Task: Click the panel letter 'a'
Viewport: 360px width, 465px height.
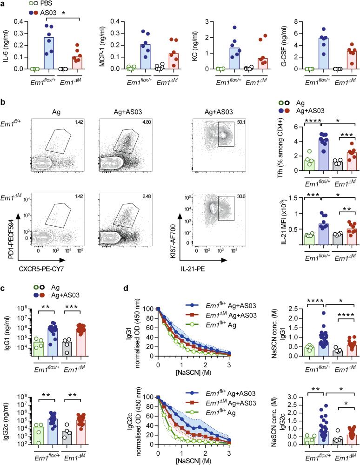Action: tap(3, 4)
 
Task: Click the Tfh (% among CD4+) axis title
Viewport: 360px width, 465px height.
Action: tap(280, 150)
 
